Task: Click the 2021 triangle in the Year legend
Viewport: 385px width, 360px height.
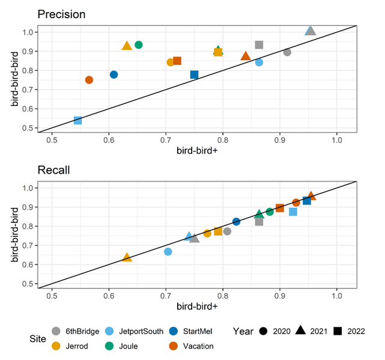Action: pyautogui.click(x=299, y=331)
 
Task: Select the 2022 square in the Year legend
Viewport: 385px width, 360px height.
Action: pyautogui.click(x=338, y=331)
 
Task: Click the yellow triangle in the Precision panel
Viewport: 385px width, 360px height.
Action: pyautogui.click(x=127, y=46)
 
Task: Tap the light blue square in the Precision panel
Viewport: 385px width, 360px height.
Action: pyautogui.click(x=77, y=121)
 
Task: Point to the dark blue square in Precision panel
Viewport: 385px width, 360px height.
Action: pyautogui.click(x=194, y=75)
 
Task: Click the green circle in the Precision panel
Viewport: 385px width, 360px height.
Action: pyautogui.click(x=139, y=45)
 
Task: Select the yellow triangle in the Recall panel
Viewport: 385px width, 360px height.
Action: pyautogui.click(x=127, y=257)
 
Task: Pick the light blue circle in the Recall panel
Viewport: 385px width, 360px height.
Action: pyautogui.click(x=168, y=252)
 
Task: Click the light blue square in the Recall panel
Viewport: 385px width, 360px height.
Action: pyautogui.click(x=293, y=212)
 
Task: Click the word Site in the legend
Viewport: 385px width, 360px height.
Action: pyautogui.click(x=38, y=338)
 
